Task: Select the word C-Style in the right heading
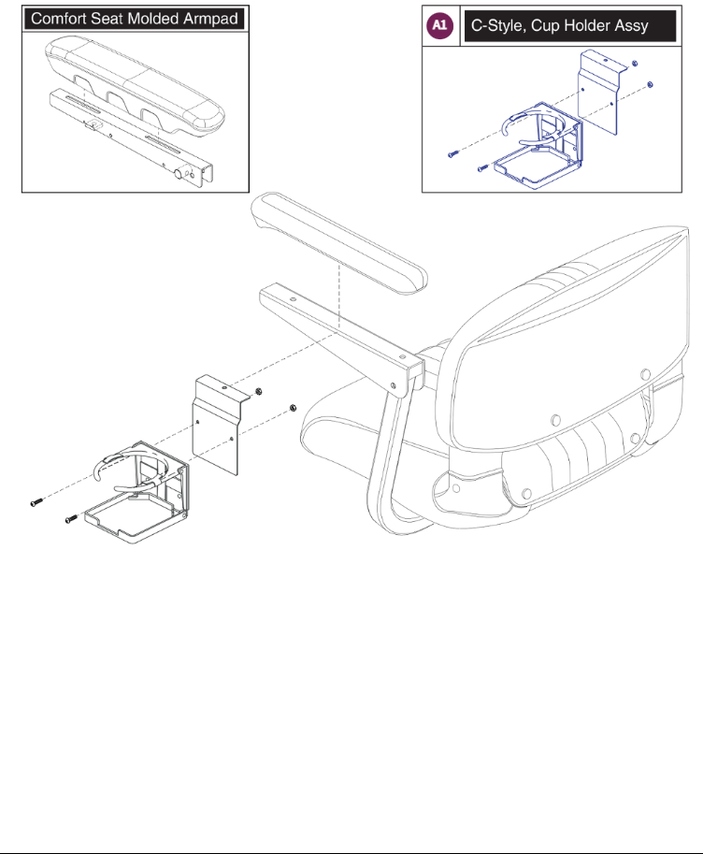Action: click(498, 27)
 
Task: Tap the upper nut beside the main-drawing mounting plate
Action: click(260, 392)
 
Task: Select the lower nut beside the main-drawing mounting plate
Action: click(293, 408)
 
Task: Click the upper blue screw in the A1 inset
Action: click(452, 154)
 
